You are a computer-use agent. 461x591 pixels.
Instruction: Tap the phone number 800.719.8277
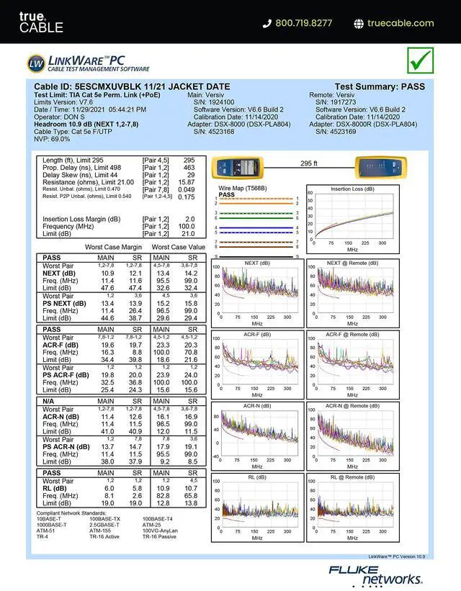click(303, 23)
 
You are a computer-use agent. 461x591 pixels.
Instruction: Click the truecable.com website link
click(400, 23)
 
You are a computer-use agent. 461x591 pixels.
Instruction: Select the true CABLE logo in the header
click(41, 22)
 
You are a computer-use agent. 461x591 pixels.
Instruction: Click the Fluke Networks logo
click(376, 574)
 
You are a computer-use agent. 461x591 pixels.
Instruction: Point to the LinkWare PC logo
click(88, 63)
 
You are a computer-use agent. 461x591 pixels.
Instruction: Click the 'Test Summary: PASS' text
click(380, 86)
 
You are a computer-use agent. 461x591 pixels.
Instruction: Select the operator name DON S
click(73, 117)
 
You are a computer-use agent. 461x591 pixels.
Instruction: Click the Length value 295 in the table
click(189, 161)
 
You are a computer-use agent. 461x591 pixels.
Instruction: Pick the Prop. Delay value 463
click(189, 168)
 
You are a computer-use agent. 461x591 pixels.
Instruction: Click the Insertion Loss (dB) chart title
click(352, 189)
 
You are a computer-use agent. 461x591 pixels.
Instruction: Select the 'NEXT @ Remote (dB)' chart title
click(352, 263)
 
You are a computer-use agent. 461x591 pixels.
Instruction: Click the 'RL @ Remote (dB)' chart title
click(352, 477)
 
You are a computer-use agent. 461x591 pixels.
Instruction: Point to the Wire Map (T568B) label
click(241, 188)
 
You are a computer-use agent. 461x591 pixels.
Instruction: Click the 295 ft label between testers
click(308, 163)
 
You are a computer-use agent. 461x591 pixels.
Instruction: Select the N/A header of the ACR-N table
click(50, 401)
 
